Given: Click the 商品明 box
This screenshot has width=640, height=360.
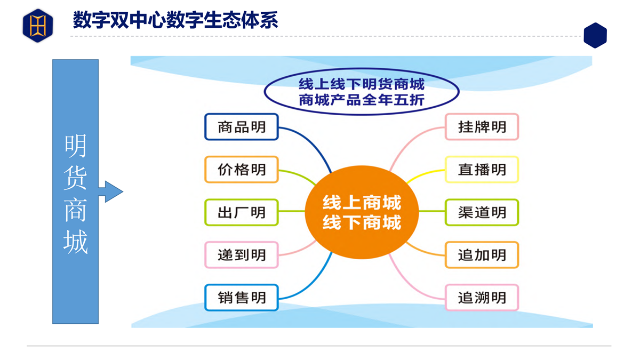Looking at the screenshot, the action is click(x=242, y=127).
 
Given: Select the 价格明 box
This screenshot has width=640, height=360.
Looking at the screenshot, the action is click(x=242, y=170).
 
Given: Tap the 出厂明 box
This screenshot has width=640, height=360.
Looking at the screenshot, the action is click(x=242, y=212).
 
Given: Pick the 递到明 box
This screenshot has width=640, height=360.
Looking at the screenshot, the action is click(x=242, y=255).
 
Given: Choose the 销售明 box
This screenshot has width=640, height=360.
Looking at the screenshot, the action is click(x=242, y=298).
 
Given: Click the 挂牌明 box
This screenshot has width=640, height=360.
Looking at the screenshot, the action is click(x=482, y=127).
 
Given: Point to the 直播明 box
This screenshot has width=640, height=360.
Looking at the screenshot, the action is click(x=482, y=170).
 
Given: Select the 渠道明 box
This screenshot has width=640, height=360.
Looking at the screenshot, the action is click(x=482, y=212).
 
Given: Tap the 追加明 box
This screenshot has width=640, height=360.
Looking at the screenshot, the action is click(x=482, y=255).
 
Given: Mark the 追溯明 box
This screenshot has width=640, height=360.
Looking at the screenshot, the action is click(x=482, y=298).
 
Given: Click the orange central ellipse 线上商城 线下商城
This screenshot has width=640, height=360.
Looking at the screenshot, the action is click(x=362, y=212).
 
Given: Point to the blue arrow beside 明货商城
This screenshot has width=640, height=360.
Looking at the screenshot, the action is click(x=111, y=191).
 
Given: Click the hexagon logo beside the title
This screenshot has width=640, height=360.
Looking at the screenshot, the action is click(x=38, y=26).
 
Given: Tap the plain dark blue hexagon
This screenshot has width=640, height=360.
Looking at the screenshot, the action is click(x=595, y=35).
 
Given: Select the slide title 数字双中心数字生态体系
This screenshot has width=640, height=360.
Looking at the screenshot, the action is click(x=175, y=20).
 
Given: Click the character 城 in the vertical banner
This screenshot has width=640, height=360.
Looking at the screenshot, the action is click(x=75, y=242).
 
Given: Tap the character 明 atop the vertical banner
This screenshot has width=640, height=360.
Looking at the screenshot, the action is click(x=75, y=146).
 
